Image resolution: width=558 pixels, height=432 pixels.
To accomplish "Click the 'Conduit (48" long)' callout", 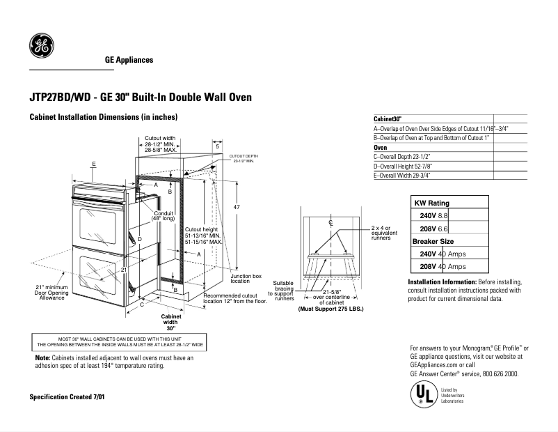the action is pos(164,216).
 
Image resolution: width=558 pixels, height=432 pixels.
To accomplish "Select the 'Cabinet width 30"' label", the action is pos(170,323).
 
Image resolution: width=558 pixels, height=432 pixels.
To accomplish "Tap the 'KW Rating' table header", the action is pos(432,203).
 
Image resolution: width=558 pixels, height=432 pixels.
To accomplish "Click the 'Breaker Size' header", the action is pos(433,240).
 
